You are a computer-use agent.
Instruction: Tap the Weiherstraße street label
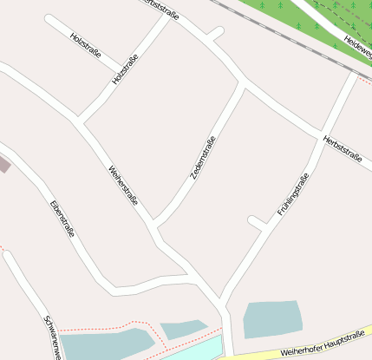tap(124, 187)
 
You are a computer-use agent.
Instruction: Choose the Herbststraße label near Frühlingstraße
tap(341, 147)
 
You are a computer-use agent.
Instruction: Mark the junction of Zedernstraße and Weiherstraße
tap(155, 226)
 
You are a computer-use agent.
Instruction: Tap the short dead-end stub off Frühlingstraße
tap(257, 222)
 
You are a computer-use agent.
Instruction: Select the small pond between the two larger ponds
tap(183, 329)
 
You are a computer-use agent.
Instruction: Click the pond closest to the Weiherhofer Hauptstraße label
tap(272, 318)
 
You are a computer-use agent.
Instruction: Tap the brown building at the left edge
tap(3, 164)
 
